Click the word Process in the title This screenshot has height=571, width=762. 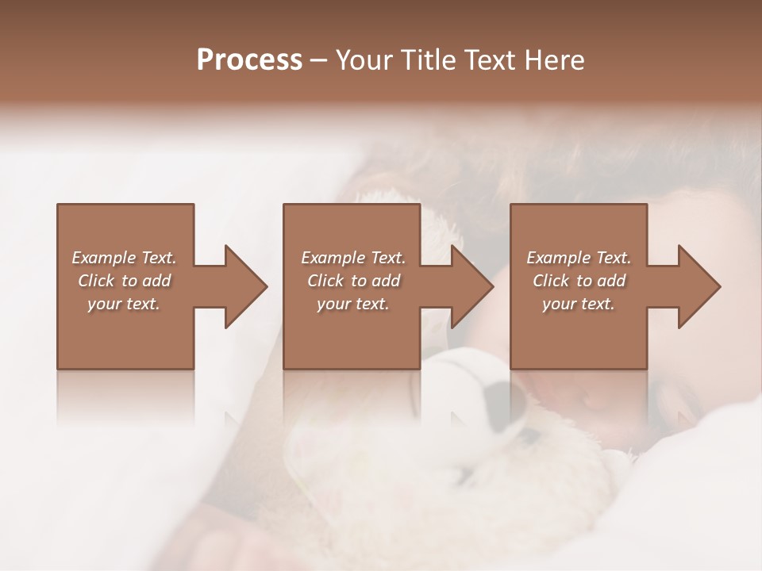point(249,59)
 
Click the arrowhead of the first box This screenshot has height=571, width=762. point(243,286)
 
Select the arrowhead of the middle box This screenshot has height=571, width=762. point(470,286)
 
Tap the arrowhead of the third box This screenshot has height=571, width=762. point(697,286)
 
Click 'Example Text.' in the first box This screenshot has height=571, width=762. point(125,258)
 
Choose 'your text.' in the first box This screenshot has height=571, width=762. point(125,304)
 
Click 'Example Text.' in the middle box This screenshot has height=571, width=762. point(353,258)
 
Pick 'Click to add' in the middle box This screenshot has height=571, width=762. point(353,281)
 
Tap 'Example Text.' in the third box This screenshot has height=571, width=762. point(579,258)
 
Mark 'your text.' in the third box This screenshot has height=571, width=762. point(579,304)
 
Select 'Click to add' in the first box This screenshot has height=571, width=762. point(125,281)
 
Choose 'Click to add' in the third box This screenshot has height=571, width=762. point(579,281)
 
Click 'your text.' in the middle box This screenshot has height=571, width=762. point(353,304)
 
